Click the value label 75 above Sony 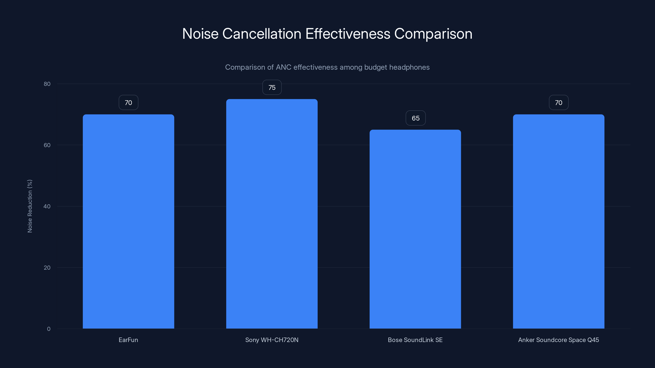tap(272, 88)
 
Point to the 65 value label tap(416, 118)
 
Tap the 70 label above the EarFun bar tap(128, 103)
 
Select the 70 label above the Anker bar tap(559, 103)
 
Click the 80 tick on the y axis tap(47, 84)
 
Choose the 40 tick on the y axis tap(47, 206)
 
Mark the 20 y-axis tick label tap(47, 267)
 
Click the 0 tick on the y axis tap(49, 329)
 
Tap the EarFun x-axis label tap(128, 340)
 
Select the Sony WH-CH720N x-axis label tap(272, 340)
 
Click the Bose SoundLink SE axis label tap(415, 340)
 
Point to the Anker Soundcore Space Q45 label tap(559, 340)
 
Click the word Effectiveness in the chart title tap(348, 34)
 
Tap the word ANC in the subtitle tap(283, 67)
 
